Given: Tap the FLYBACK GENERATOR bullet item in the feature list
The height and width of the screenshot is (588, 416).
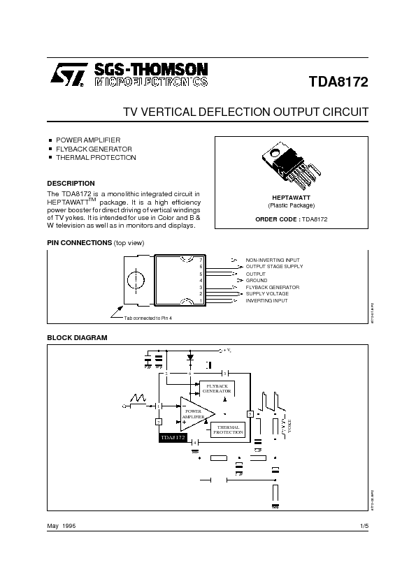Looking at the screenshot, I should click(x=94, y=149).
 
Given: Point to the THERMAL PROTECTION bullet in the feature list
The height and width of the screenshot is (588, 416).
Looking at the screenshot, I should click(x=96, y=158).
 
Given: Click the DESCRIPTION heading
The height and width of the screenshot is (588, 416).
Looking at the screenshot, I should click(x=71, y=184).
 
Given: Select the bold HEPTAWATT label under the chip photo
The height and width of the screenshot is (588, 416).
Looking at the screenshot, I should click(x=291, y=198).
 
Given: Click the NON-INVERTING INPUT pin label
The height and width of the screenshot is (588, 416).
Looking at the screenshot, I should click(x=273, y=260).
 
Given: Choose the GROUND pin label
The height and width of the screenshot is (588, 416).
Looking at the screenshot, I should click(x=257, y=280).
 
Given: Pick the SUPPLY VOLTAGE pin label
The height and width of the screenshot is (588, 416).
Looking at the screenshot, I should click(x=267, y=293).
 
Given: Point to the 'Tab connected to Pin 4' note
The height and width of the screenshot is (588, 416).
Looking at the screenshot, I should click(x=148, y=318).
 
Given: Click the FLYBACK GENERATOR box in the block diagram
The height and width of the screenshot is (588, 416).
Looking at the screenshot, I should click(x=217, y=388).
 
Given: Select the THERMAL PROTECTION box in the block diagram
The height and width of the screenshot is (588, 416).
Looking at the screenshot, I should click(x=228, y=429).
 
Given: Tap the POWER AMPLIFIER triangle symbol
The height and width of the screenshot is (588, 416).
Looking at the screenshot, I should click(x=195, y=413).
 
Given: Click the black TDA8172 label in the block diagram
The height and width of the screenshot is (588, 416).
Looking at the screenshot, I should click(x=173, y=437).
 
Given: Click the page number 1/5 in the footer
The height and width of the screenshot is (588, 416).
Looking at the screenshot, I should click(x=364, y=525).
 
